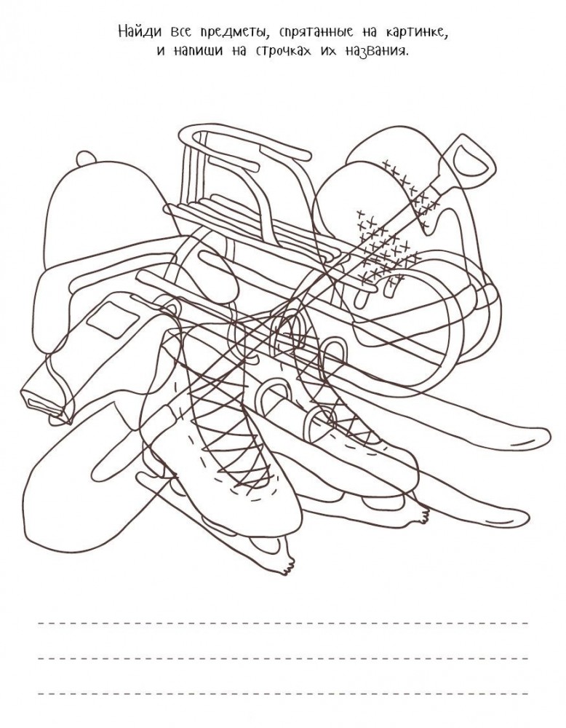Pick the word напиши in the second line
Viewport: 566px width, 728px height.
coord(195,52)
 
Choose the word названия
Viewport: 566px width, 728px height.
coord(377,52)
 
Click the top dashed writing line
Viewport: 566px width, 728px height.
coord(283,622)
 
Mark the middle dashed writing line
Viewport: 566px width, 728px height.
coord(283,657)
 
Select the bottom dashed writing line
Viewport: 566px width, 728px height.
coord(283,694)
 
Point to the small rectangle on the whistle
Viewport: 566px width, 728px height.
coord(113,320)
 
